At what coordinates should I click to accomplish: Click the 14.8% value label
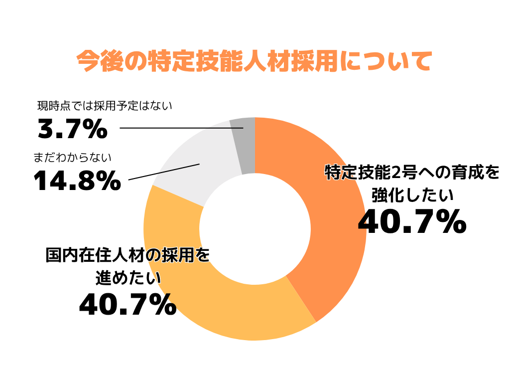(x=77, y=181)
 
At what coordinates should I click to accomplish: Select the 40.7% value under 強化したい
(x=412, y=222)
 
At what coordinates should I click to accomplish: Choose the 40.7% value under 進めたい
(x=127, y=304)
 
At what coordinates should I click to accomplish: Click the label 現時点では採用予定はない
(x=105, y=106)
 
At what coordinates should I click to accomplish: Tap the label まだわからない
(x=72, y=158)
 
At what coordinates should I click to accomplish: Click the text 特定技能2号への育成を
(x=411, y=173)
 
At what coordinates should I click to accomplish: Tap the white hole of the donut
(x=255, y=229)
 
